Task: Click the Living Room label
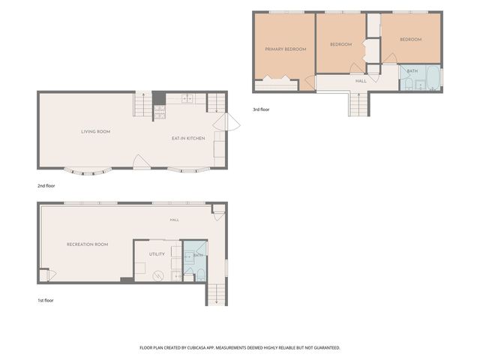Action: [96, 132]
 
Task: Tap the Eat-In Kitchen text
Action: [188, 138]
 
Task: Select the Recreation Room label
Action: [88, 244]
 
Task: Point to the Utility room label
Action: [157, 254]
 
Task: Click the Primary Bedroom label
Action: [286, 49]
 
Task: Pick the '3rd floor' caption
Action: [261, 109]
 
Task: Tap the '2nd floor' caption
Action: [46, 186]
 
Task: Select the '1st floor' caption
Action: [46, 301]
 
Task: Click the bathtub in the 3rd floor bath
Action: [433, 78]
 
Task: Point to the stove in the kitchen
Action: [160, 112]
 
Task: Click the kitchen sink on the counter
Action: [187, 98]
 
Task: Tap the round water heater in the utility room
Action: [158, 276]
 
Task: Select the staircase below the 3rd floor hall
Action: [358, 104]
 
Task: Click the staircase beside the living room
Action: [143, 104]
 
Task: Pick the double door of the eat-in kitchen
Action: [226, 121]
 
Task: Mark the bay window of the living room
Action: [88, 172]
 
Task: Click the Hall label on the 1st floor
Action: [175, 220]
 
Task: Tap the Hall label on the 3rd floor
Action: [361, 81]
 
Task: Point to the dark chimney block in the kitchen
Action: [159, 98]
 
